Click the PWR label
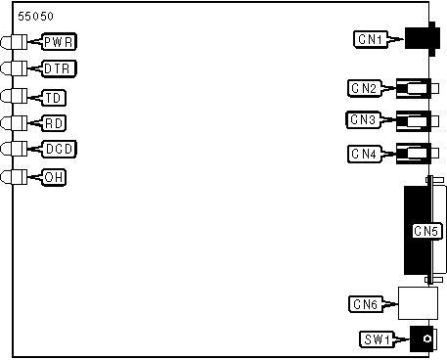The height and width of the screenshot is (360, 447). (x=59, y=42)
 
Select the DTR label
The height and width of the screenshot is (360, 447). (x=59, y=68)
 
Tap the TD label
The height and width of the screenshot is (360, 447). (x=54, y=98)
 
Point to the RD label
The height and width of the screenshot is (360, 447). (x=54, y=123)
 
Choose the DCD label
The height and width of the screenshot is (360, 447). (x=59, y=149)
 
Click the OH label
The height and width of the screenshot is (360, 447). (x=54, y=177)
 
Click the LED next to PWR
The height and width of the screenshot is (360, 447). (x=14, y=42)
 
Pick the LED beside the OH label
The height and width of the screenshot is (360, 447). (x=14, y=177)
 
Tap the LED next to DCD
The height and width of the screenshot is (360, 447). (x=14, y=149)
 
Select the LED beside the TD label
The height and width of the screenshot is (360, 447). (x=14, y=96)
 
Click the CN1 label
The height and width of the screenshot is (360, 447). (x=371, y=39)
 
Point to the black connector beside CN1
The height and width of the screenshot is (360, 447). (x=420, y=39)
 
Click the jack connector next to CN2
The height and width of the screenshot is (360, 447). (x=417, y=88)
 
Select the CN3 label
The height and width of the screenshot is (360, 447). (x=363, y=120)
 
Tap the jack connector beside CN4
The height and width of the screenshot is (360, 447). (x=417, y=154)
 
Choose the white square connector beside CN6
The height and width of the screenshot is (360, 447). (x=418, y=303)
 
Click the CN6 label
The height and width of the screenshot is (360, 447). (x=366, y=304)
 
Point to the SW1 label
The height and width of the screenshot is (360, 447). (x=378, y=339)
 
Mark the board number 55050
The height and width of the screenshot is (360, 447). (x=35, y=17)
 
